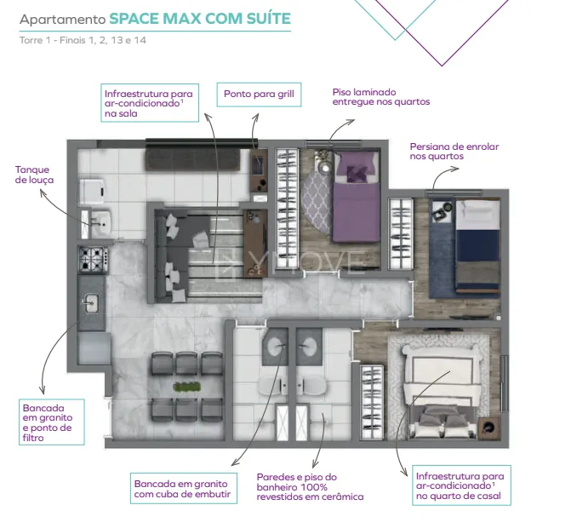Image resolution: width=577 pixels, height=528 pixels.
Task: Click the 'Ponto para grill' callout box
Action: click(259, 95)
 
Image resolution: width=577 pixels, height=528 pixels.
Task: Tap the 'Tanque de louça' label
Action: click(34, 175)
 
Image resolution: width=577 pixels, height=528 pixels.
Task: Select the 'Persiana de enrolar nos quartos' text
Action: click(454, 152)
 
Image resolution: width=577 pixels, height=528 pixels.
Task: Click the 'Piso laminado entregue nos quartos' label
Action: click(381, 97)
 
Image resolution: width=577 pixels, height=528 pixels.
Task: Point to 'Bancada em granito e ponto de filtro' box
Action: click(52, 422)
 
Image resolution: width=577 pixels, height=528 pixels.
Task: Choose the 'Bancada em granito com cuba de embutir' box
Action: click(183, 488)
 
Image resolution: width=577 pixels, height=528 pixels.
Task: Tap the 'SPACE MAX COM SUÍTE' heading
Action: click(200, 19)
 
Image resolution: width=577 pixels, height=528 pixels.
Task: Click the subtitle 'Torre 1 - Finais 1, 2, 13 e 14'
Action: click(83, 40)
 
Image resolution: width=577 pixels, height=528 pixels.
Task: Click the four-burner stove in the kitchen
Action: click(94, 259)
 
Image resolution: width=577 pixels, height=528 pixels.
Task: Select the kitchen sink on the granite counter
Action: click(89, 303)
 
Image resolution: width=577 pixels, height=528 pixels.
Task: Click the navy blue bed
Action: click(477, 247)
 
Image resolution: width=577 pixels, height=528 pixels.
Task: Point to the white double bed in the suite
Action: click(443, 391)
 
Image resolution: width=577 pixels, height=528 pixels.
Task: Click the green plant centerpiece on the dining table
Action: click(187, 387)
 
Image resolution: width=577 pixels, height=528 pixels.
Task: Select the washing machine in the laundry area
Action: click(93, 191)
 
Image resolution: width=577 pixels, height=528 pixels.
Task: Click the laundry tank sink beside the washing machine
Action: click(100, 223)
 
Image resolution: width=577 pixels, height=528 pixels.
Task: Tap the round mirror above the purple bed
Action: click(325, 169)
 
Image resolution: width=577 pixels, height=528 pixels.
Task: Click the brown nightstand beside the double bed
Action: click(488, 428)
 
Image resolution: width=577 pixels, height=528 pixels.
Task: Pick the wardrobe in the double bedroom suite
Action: click(372, 402)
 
